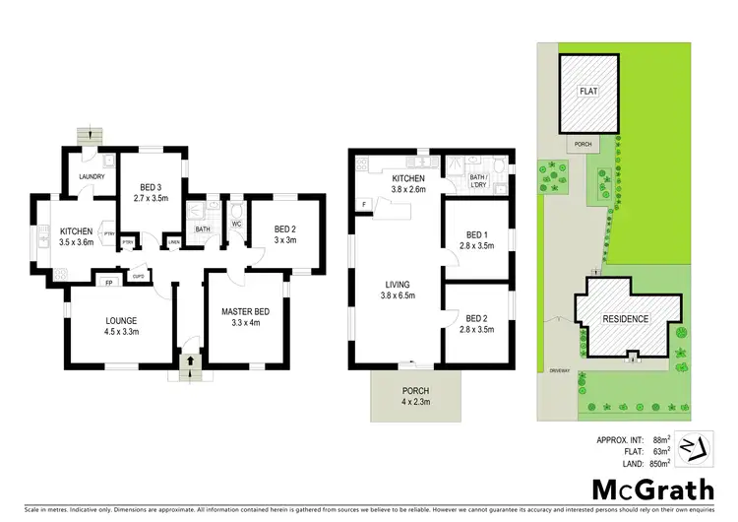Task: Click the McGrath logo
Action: click(642, 489)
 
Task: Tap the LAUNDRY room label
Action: click(92, 177)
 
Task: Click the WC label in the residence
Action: click(236, 224)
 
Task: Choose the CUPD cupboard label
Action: click(139, 277)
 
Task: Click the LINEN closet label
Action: click(174, 243)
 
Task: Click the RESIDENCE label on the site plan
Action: click(625, 319)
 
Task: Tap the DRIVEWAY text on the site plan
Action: click(562, 372)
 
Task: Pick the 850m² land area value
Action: click(658, 462)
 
